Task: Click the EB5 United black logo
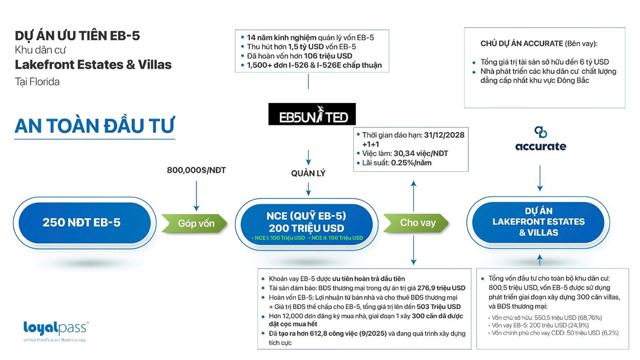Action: click(x=311, y=114)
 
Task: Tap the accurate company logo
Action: click(x=540, y=140)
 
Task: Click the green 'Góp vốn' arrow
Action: click(x=194, y=223)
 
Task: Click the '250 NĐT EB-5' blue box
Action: click(x=82, y=222)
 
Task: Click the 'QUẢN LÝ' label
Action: click(x=308, y=173)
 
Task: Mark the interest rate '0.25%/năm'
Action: click(x=411, y=163)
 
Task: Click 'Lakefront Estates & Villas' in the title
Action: click(x=93, y=65)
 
